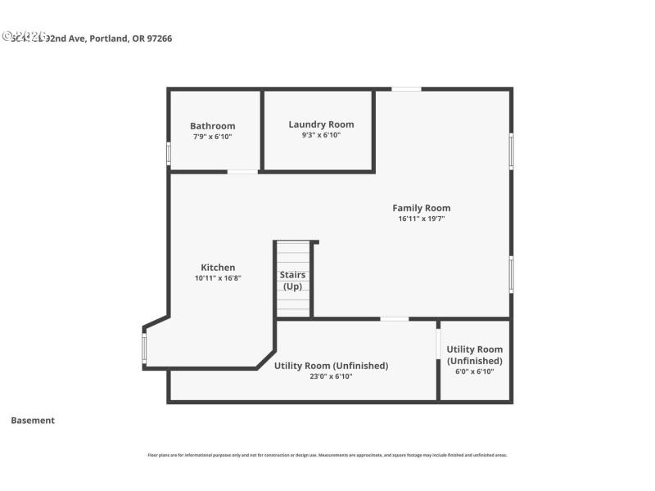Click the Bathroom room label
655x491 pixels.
point(212,126)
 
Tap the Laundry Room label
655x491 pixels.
point(321,124)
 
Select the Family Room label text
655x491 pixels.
point(421,208)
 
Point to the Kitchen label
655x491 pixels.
point(218,268)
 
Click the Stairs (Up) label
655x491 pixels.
point(292,281)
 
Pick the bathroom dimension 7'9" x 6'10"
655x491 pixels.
point(212,137)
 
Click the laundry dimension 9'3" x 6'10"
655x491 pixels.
point(321,135)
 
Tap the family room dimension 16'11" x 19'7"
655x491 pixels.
point(421,218)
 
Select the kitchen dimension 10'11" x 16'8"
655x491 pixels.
point(218,278)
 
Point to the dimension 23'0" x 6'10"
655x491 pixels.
point(331,377)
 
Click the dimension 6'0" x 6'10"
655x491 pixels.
point(475,372)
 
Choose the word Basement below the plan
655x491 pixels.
point(33,421)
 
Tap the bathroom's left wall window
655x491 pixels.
point(169,154)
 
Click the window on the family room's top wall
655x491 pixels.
point(406,88)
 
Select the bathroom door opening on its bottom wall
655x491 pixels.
point(242,171)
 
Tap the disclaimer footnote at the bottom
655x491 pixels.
point(327,455)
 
